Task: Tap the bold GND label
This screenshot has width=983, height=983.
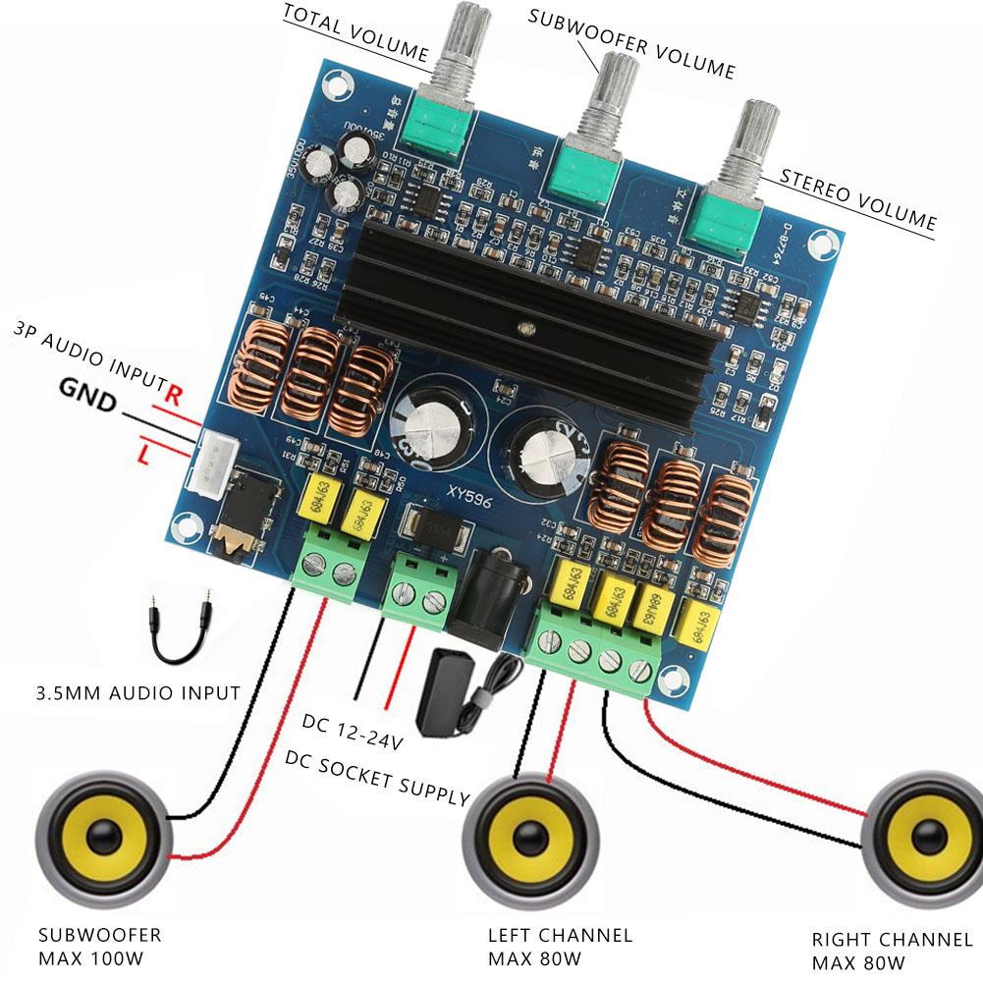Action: [x=87, y=392]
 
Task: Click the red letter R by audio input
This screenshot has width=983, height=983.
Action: [x=175, y=396]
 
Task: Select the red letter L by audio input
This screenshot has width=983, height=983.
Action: [x=144, y=455]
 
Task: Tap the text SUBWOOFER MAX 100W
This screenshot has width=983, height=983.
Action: [x=98, y=945]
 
